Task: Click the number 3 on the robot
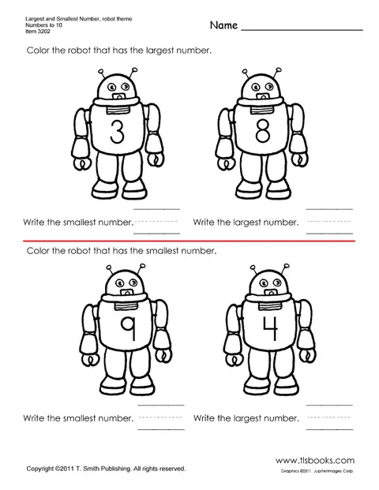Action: [x=118, y=132]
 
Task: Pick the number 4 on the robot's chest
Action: [x=271, y=328]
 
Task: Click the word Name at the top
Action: [x=223, y=25]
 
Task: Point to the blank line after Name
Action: [x=302, y=30]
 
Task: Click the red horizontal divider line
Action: [x=189, y=241]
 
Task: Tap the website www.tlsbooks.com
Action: [x=315, y=460]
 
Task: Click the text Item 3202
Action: [x=38, y=32]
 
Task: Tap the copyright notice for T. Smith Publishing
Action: [x=106, y=469]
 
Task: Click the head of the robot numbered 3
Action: [x=117, y=86]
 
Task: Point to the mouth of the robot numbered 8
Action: [x=262, y=96]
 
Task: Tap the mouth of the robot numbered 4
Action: [x=271, y=293]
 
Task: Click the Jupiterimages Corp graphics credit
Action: [x=317, y=471]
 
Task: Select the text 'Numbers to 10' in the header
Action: [x=43, y=25]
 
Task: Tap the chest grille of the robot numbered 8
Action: [x=261, y=110]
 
